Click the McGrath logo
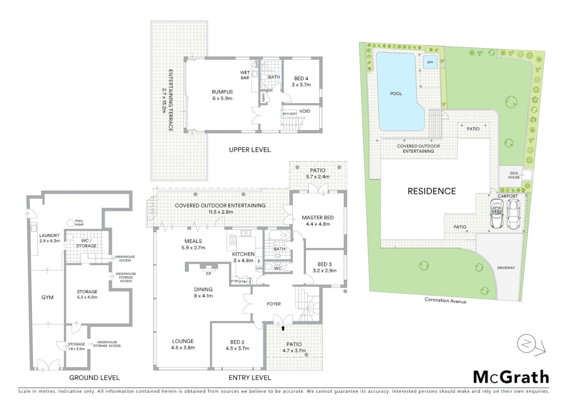(x=511, y=377)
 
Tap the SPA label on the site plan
(x=430, y=62)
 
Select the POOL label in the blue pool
(x=396, y=93)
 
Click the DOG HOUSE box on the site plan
(x=514, y=175)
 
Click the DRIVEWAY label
(x=506, y=268)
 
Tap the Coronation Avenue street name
(x=445, y=300)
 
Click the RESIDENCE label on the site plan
(x=432, y=191)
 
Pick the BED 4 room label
(x=301, y=79)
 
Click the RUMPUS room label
(x=222, y=92)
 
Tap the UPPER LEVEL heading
(x=249, y=150)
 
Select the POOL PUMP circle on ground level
(x=71, y=223)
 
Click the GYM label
(x=48, y=297)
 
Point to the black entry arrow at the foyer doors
(x=283, y=328)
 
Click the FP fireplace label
(x=209, y=274)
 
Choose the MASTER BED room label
(x=317, y=218)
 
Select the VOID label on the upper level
(x=304, y=111)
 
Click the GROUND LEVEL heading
(x=94, y=377)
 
